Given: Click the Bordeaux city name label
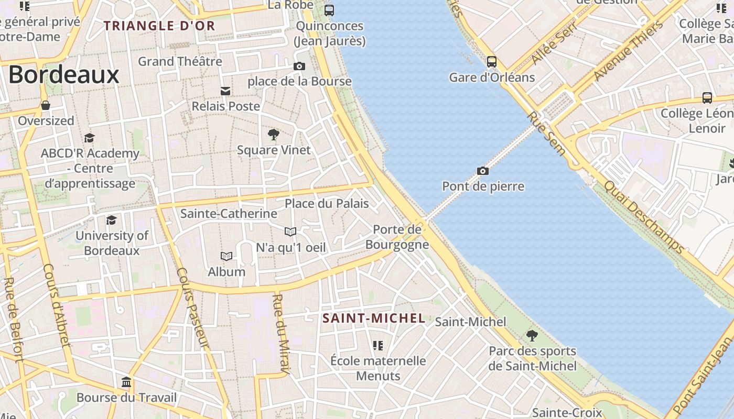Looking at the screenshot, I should (x=64, y=75).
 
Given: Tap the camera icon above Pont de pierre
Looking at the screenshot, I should (x=483, y=171).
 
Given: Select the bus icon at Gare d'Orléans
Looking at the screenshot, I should (x=492, y=62).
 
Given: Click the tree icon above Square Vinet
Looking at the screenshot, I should (x=273, y=135).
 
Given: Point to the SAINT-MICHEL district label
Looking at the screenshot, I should (x=374, y=318).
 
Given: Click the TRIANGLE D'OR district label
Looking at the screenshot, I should (x=159, y=26).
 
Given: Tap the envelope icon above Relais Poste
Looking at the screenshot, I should (x=225, y=91).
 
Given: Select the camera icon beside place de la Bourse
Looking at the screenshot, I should (x=299, y=66).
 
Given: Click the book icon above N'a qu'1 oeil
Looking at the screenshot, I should (x=290, y=231).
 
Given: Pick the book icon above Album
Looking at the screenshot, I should (x=226, y=256).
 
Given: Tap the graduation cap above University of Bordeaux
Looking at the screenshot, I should (x=111, y=220).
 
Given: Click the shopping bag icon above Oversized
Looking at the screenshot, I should (x=46, y=105).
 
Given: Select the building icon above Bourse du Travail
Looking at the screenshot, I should (x=126, y=382).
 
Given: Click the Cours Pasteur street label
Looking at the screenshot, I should (x=192, y=308).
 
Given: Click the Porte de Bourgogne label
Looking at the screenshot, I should (x=397, y=237).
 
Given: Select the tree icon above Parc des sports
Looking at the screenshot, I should (x=532, y=335).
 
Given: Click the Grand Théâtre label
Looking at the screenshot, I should (x=180, y=61).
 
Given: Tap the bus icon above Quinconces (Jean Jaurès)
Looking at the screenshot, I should (x=329, y=10).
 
